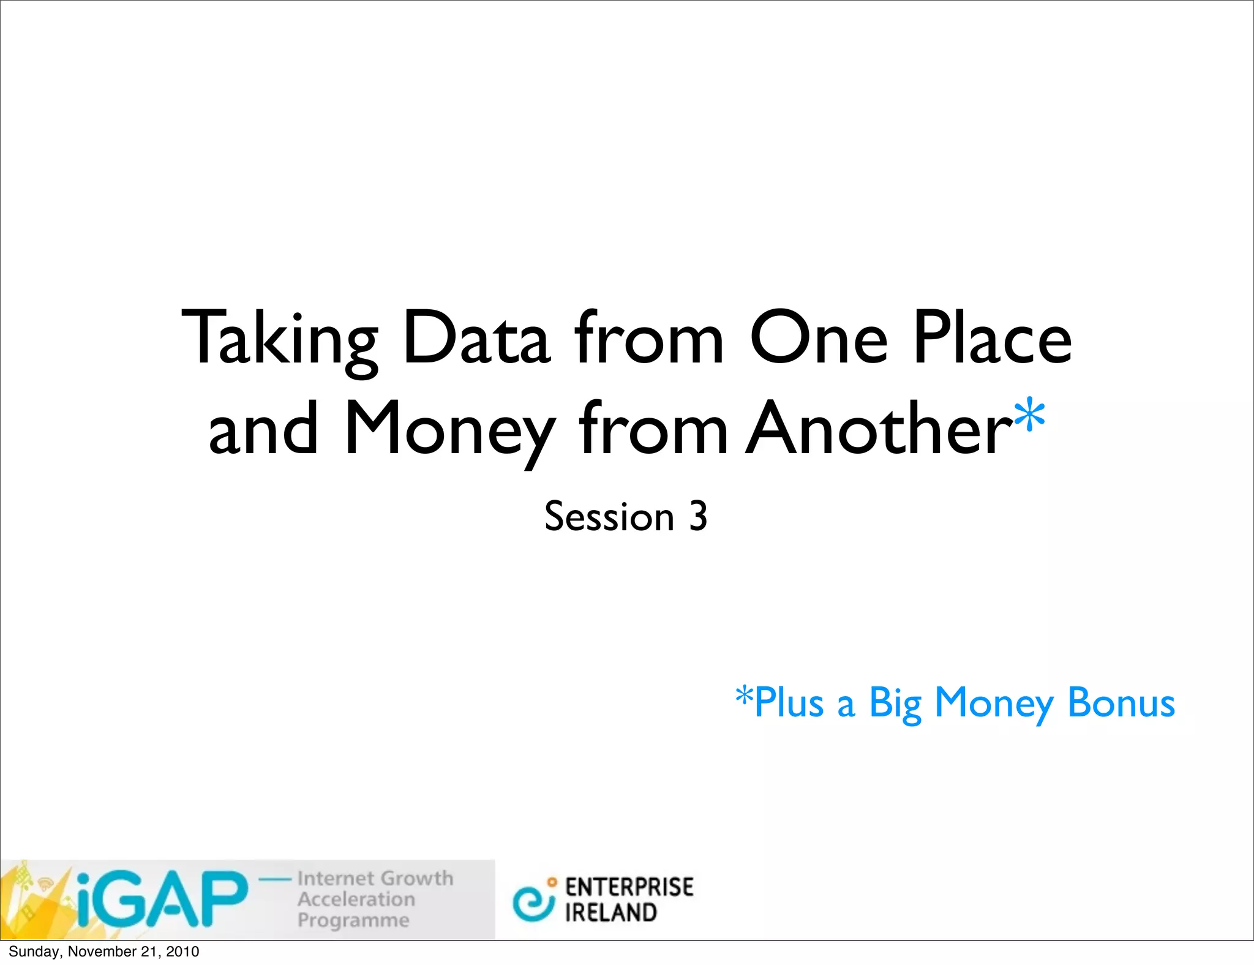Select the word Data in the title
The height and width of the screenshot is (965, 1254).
click(476, 338)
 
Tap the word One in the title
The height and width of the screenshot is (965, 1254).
click(819, 338)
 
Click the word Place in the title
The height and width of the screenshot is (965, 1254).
click(992, 338)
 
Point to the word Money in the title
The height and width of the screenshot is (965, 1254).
click(450, 429)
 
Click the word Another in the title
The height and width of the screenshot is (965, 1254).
click(879, 429)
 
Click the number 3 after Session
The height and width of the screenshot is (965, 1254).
click(698, 516)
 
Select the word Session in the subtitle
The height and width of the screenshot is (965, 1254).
click(609, 516)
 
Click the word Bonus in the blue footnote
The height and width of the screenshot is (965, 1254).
click(1121, 702)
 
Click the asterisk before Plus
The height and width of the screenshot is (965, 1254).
click(744, 696)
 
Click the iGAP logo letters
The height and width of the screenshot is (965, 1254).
click(162, 899)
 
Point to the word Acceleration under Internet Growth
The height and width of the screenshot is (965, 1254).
click(356, 899)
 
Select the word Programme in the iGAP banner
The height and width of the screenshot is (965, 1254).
click(353, 920)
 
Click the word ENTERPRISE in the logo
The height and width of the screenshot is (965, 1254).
click(629, 887)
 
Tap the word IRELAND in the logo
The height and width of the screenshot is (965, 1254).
click(610, 913)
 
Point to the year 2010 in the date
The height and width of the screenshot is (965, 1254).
click(182, 952)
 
